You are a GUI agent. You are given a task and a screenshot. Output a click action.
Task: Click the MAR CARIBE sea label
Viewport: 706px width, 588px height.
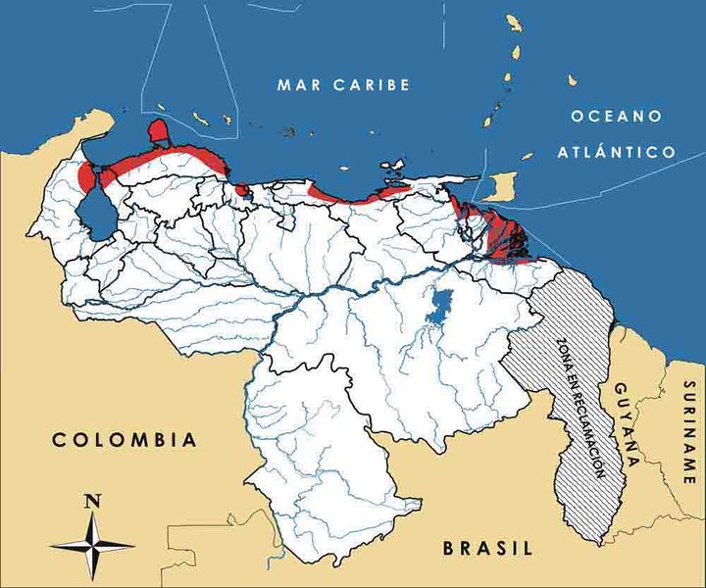342,85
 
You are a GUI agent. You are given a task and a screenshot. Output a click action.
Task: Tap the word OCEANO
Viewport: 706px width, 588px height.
615,117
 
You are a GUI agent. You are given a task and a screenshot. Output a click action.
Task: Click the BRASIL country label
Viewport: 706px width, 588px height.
487,548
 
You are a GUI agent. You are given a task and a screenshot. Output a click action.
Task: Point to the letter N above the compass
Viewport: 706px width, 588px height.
92,501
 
